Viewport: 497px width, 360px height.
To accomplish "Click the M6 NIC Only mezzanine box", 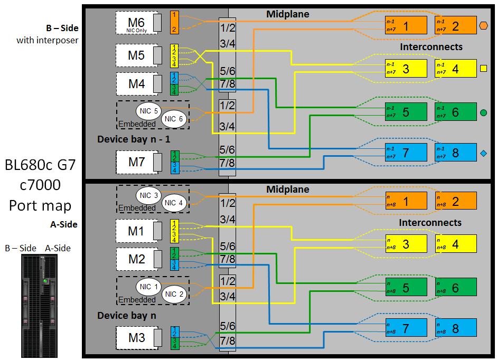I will coord(136,24).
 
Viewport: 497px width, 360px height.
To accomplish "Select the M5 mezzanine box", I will coord(136,55).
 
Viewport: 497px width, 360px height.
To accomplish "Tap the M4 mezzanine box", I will coord(136,84).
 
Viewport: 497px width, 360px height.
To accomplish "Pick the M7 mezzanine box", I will coord(136,162).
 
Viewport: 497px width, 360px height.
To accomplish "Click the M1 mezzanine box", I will coord(136,231).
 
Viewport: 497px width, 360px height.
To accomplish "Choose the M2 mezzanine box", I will coord(136,259).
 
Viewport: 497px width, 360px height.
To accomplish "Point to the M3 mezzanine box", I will coord(136,338).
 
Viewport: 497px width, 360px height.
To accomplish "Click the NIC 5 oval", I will coord(148,111).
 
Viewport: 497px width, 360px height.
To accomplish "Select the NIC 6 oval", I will coord(174,119).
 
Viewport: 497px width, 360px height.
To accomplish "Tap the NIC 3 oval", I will coord(148,195).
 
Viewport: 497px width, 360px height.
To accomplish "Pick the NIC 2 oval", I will coord(174,295).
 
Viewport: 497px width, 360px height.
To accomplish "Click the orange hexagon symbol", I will coord(483,25).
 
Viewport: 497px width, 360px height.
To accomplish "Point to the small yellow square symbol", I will coord(483,68).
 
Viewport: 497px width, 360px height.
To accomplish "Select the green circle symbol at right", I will coord(483,112).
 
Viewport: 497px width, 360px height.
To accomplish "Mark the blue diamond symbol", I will coord(483,154).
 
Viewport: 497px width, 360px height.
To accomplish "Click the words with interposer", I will coord(47,40).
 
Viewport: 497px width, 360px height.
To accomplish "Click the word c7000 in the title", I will coord(40,185).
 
